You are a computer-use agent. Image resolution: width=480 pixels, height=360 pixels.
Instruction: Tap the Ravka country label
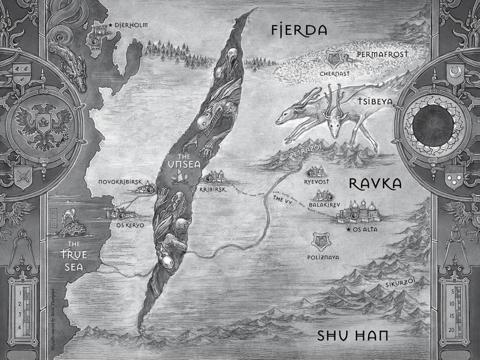(x=374, y=184)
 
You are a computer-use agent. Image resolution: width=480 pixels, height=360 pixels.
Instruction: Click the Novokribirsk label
(x=120, y=182)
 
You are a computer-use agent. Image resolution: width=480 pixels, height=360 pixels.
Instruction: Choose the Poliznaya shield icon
(x=322, y=241)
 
